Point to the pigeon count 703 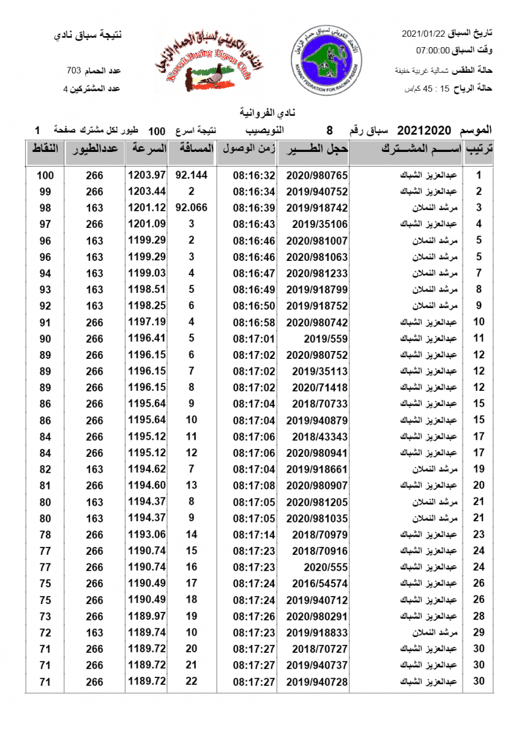tap(74, 70)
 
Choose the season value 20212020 tap(424, 130)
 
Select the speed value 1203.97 tap(147, 175)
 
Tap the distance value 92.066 tap(192, 208)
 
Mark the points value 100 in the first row tap(45, 175)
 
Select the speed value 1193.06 tap(147, 535)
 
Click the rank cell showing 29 tap(479, 633)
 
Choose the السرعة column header tap(147, 149)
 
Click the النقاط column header tap(45, 149)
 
